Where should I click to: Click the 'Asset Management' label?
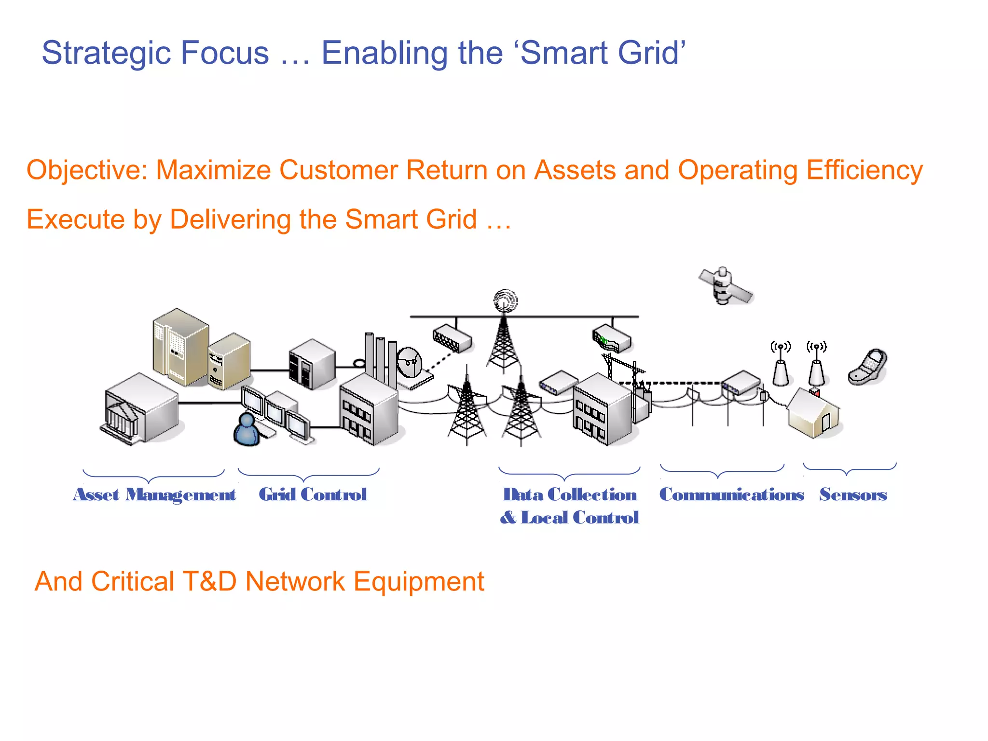(154, 495)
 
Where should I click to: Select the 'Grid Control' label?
(313, 495)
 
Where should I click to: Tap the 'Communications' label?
(731, 495)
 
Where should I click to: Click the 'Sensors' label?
(853, 495)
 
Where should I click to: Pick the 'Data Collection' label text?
(570, 495)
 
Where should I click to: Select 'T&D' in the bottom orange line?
(210, 582)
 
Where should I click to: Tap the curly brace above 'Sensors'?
(850, 468)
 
